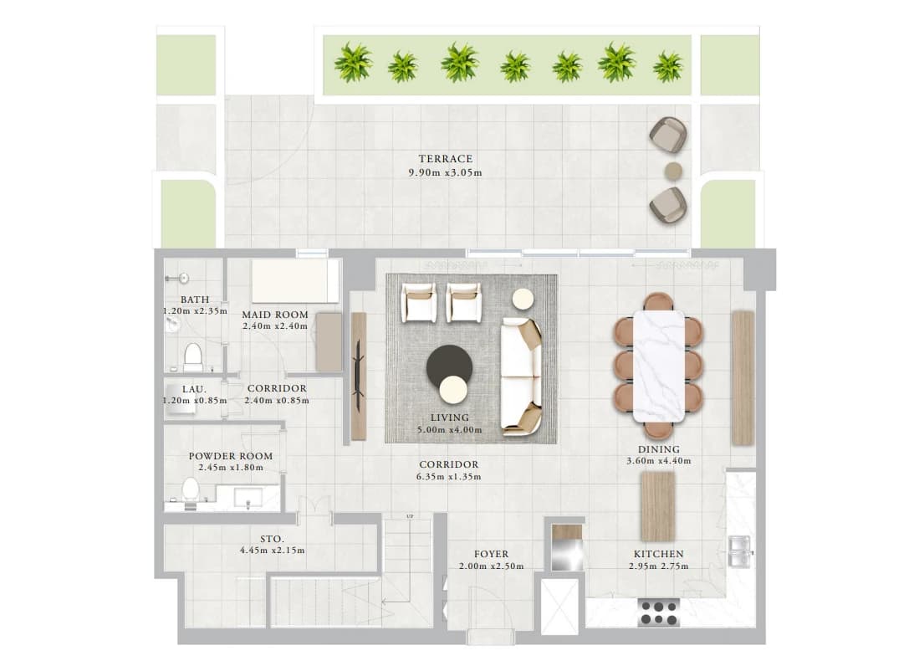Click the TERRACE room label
(446, 159)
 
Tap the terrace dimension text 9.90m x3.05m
(446, 172)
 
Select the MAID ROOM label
(275, 315)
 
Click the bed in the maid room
(295, 281)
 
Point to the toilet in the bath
(193, 356)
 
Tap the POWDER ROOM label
(231, 456)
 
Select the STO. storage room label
(273, 540)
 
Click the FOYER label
(491, 554)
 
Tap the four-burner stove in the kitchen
(659, 612)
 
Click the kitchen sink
(740, 551)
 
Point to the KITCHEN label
(659, 554)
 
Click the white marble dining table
(659, 366)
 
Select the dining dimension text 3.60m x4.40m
(659, 461)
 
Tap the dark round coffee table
(449, 366)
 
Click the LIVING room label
(449, 418)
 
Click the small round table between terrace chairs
(673, 171)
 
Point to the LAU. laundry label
(194, 389)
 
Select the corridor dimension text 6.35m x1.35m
(449, 476)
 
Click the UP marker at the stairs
(409, 517)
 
